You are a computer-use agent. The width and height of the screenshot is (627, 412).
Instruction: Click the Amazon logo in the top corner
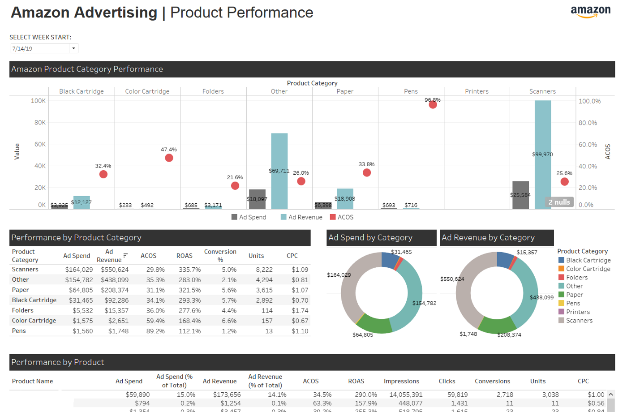pos(590,11)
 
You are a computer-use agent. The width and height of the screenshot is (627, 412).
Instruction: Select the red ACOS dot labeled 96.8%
pos(433,105)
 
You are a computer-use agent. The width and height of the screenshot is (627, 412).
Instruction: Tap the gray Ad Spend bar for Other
pos(257,199)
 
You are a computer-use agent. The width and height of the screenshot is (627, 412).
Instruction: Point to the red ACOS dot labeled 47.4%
pos(169,158)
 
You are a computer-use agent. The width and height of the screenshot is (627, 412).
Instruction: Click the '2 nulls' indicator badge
pos(559,202)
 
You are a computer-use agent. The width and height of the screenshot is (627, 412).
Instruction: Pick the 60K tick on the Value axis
pos(40,144)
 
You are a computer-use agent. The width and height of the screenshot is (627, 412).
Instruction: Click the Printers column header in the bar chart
pos(477,91)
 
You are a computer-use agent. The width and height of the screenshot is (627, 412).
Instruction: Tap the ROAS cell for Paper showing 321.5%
pos(189,290)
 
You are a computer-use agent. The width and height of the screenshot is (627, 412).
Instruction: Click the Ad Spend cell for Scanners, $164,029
pos(79,270)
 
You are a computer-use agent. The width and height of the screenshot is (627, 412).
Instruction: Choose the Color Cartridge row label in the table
pos(34,321)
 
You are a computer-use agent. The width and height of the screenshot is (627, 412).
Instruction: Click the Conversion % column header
pos(220,255)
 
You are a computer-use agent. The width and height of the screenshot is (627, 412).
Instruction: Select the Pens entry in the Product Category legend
pos(573,303)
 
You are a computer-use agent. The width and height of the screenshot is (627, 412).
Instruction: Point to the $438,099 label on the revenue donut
pos(541,297)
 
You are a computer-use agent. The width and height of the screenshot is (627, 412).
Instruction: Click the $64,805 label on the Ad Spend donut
pos(362,335)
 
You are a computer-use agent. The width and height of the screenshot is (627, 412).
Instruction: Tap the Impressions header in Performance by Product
pos(401,381)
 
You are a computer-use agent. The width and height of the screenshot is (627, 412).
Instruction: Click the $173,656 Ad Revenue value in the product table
pos(227,395)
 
